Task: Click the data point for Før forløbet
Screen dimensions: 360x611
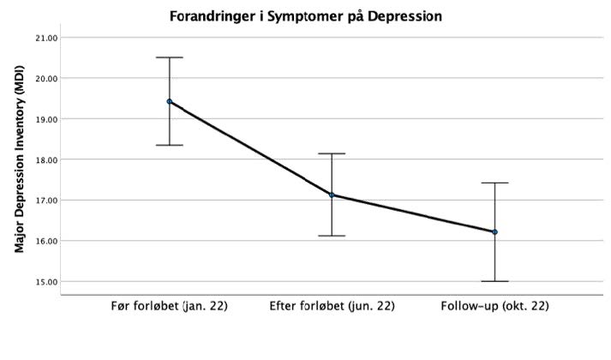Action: click(170, 101)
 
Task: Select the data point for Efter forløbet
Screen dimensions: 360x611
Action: click(332, 195)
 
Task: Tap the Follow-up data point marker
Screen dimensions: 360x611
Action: click(494, 231)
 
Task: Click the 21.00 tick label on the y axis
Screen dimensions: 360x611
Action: click(45, 38)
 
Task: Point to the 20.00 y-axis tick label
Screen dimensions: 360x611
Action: click(45, 78)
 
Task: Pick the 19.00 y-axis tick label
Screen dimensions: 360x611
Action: click(45, 119)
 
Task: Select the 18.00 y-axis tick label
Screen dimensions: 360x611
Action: click(45, 159)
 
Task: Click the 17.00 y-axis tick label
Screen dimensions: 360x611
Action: click(45, 201)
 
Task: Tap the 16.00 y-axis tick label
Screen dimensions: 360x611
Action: click(45, 241)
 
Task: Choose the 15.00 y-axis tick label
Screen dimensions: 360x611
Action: click(45, 281)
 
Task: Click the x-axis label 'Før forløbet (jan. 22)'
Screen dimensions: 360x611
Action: click(170, 306)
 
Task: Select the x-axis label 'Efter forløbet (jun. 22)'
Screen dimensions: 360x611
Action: click(332, 306)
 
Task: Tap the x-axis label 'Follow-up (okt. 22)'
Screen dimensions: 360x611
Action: click(494, 306)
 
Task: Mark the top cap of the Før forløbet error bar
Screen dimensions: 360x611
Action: click(170, 57)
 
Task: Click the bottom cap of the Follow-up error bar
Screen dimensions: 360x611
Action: click(494, 281)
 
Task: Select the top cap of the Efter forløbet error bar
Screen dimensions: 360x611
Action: click(332, 153)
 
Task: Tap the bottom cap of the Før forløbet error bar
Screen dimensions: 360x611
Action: click(170, 145)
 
